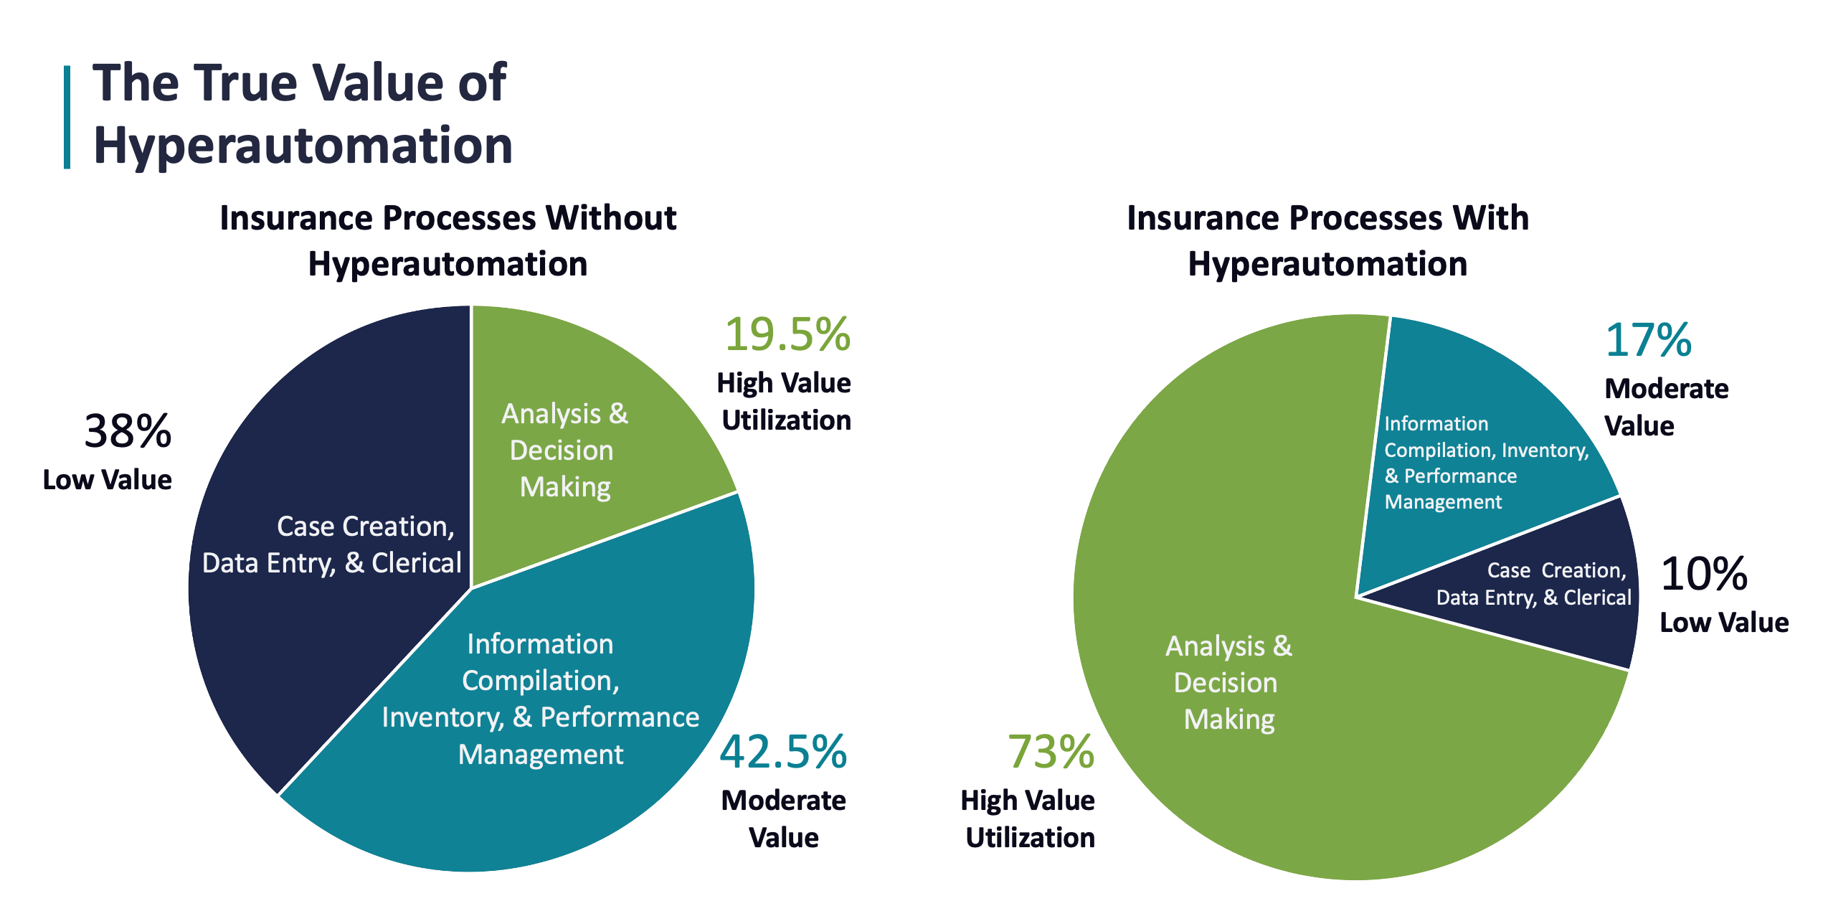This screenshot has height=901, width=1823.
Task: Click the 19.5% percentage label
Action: (787, 335)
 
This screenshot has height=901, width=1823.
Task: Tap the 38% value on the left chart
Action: (128, 432)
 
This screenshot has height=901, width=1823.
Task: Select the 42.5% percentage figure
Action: (783, 753)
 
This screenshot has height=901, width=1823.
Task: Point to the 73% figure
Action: (1051, 753)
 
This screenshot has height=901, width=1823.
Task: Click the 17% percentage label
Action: (1648, 340)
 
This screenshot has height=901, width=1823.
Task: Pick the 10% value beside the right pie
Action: (1704, 575)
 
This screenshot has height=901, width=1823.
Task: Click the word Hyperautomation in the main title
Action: (303, 146)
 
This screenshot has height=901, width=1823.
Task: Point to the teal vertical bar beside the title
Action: (67, 118)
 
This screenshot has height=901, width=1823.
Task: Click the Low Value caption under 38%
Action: (108, 480)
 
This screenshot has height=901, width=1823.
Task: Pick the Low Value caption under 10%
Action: (1724, 623)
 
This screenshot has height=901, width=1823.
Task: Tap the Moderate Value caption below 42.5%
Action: (783, 819)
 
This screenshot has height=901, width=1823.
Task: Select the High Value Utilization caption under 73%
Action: (1028, 819)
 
